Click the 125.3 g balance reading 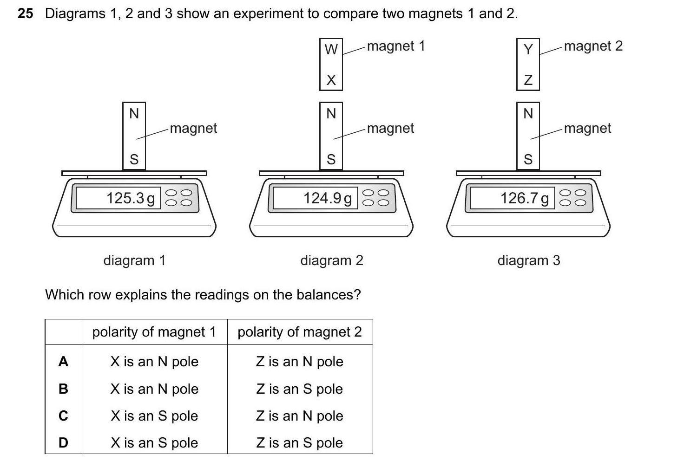click(x=131, y=198)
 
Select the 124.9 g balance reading click(x=328, y=198)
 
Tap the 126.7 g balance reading click(x=525, y=198)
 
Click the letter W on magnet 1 click(x=331, y=49)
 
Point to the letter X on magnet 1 click(x=331, y=80)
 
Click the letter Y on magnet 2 click(x=528, y=49)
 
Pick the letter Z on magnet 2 click(x=528, y=80)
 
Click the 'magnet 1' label click(x=396, y=46)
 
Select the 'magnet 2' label click(x=593, y=46)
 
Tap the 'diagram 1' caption click(x=134, y=260)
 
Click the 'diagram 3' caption click(x=529, y=260)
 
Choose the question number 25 click(x=26, y=13)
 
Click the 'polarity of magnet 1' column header click(x=154, y=332)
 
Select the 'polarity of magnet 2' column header click(x=300, y=332)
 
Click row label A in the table click(x=63, y=362)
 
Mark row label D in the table click(x=63, y=443)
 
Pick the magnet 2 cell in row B click(x=300, y=389)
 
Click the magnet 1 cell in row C click(x=154, y=416)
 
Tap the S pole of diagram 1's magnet click(x=134, y=160)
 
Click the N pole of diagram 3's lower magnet click(x=528, y=113)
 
